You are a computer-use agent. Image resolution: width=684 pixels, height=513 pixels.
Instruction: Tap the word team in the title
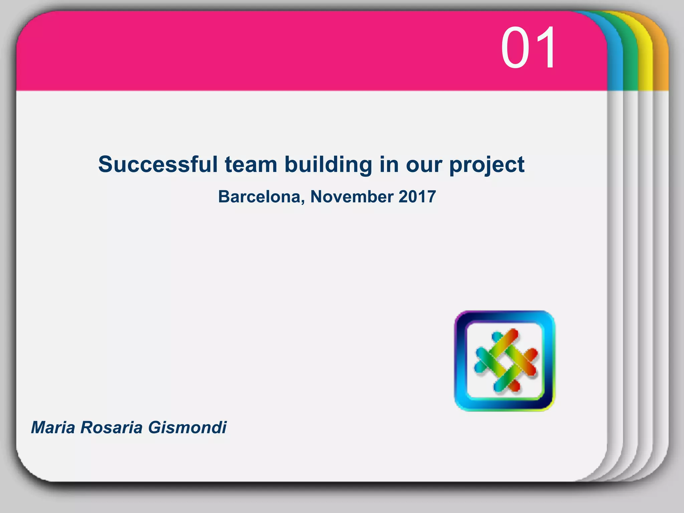tap(251, 164)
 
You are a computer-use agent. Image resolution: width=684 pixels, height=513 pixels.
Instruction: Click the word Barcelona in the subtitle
tap(260, 196)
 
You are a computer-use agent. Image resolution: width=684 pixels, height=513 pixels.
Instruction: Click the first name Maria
tap(53, 427)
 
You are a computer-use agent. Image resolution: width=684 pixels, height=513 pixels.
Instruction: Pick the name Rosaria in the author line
tap(112, 427)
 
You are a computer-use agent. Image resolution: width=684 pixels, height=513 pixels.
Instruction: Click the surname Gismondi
tap(187, 427)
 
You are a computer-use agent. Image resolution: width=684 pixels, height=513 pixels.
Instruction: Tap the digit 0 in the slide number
tap(516, 48)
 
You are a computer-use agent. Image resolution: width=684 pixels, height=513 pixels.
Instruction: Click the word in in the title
tap(389, 164)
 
